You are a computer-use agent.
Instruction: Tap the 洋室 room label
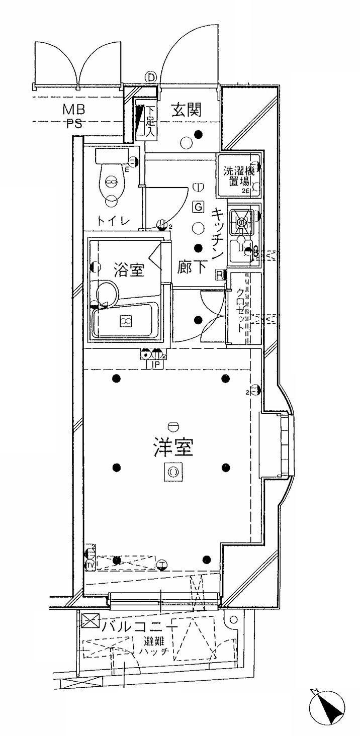point(173,446)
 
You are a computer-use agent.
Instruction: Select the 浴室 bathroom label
point(129,270)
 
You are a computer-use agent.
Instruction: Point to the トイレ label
point(114,220)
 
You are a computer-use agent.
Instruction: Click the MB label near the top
point(73,109)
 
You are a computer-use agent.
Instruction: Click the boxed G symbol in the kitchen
point(198,206)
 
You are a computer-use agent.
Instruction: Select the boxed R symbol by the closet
point(220,274)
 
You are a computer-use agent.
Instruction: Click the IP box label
point(155,365)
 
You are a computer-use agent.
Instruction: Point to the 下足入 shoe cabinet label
point(149,121)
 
